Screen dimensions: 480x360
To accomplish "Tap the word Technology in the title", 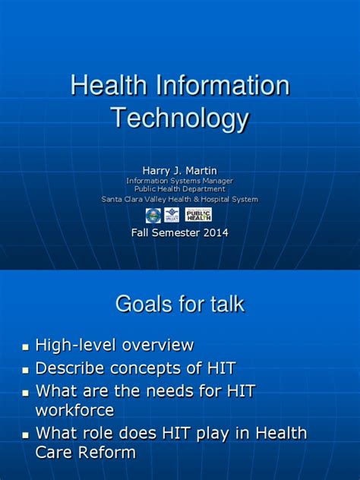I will [x=180, y=118].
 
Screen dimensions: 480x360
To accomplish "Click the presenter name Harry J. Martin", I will [x=180, y=171].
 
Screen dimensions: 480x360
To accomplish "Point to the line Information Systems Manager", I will [x=180, y=181].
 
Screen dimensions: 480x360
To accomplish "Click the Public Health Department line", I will [x=180, y=189].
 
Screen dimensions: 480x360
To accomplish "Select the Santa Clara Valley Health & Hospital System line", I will [x=180, y=199].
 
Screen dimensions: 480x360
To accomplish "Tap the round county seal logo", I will [x=153, y=215].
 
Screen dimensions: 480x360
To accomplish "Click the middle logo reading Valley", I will [x=172, y=215].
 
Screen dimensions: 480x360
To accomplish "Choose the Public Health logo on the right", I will [x=198, y=215].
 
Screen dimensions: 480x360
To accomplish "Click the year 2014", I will [x=212, y=233].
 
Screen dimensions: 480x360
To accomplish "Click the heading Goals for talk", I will [x=180, y=305].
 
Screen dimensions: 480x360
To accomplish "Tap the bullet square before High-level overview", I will [x=26, y=347].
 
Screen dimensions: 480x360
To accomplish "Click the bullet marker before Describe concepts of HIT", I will [x=26, y=371].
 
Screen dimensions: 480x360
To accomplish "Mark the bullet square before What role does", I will [x=26, y=435].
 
